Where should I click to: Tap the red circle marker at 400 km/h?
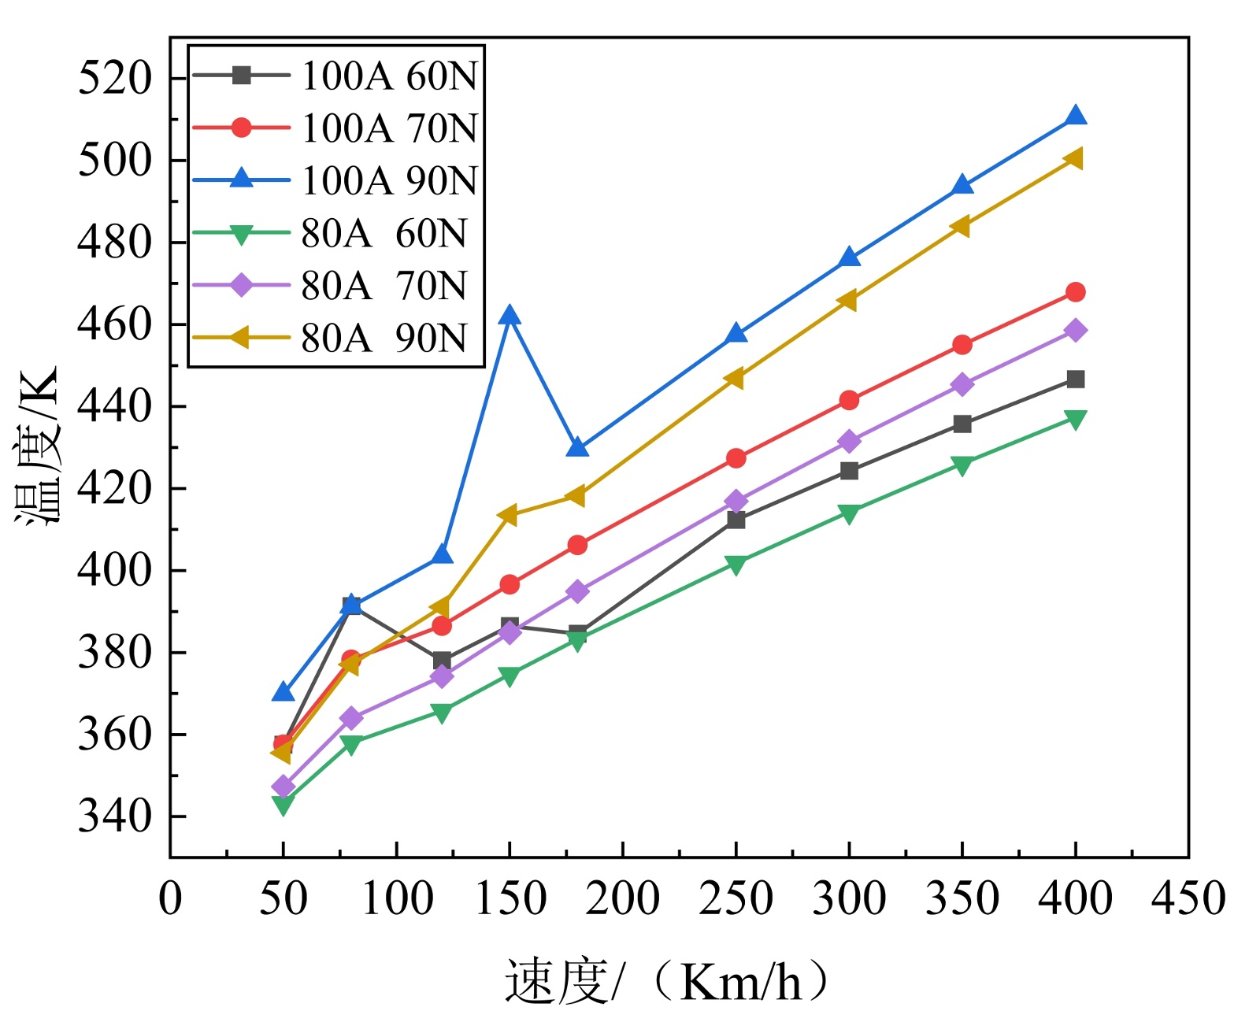click(1075, 292)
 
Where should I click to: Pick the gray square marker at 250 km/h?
click(736, 520)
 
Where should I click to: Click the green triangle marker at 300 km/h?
click(849, 514)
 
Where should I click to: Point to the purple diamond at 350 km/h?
click(962, 384)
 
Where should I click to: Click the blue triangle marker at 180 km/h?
click(577, 448)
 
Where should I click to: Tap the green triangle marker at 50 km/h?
click(283, 805)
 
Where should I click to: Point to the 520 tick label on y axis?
click(115, 78)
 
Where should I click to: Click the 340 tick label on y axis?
click(115, 816)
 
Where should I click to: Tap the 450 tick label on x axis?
click(1188, 898)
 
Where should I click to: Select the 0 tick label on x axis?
click(170, 898)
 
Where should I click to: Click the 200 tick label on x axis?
click(622, 898)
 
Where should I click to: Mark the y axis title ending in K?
click(38, 446)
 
